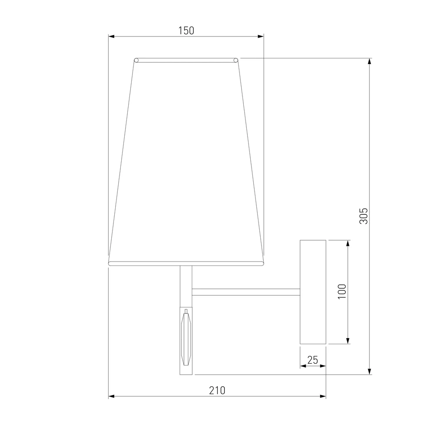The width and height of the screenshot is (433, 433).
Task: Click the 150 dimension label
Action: coord(186,30)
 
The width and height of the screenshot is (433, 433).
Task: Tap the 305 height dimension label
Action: coord(363,216)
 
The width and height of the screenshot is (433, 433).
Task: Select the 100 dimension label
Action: coord(342,291)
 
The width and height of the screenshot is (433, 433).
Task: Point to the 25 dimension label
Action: coord(313,360)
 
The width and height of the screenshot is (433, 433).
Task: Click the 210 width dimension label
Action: coord(217,391)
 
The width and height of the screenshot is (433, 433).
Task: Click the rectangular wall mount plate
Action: coord(313,292)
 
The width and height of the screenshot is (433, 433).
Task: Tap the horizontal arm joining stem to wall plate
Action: coord(246,292)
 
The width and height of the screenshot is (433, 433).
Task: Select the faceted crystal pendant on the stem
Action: coord(186,339)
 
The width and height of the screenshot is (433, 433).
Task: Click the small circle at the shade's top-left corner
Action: coord(136,60)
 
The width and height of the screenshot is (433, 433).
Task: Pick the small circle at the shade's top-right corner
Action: coord(236,60)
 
